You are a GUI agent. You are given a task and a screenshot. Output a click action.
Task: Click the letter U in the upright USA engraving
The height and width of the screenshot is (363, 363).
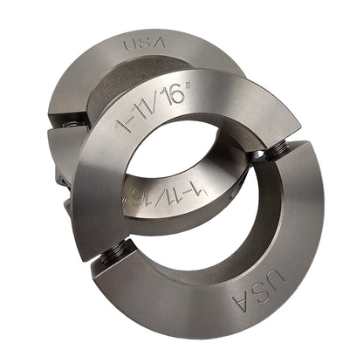pos(127,45)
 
